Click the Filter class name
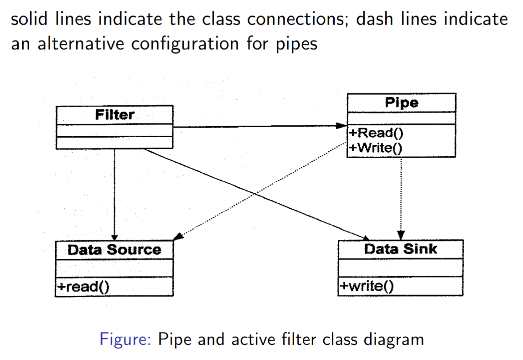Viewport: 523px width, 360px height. (114, 114)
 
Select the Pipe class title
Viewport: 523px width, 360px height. (401, 103)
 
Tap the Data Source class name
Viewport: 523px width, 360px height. (114, 250)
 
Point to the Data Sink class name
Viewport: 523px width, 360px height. (400, 249)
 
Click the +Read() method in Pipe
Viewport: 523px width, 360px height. (374, 133)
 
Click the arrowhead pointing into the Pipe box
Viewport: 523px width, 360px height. (342, 126)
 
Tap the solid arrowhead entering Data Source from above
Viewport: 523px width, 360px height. (114, 237)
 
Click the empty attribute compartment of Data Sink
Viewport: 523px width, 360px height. (400, 267)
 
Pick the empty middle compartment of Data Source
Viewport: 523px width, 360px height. (114, 268)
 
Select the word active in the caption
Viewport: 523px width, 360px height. (254, 339)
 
